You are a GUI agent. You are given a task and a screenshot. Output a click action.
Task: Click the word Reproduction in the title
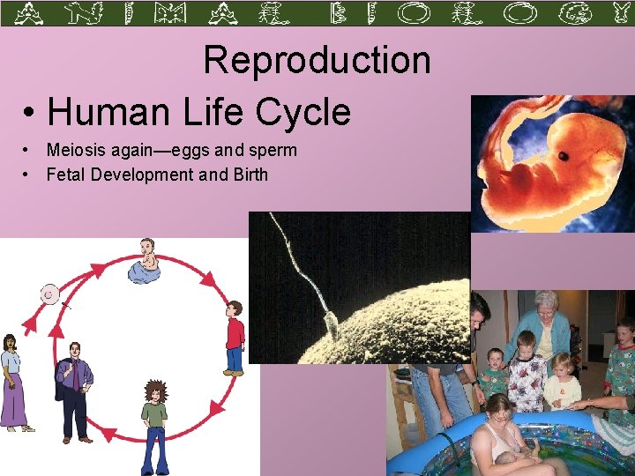pyautogui.click(x=317, y=61)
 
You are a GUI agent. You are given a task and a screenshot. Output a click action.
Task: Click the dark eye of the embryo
pyautogui.click(x=563, y=157)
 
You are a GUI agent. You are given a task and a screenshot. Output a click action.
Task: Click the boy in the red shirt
pyautogui.click(x=234, y=338)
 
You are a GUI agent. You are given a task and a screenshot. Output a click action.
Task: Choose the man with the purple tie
pyautogui.click(x=75, y=388)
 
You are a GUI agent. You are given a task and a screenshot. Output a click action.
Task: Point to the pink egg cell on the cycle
pyautogui.click(x=50, y=294)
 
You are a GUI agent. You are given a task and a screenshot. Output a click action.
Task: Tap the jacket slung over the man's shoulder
pyautogui.click(x=63, y=375)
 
